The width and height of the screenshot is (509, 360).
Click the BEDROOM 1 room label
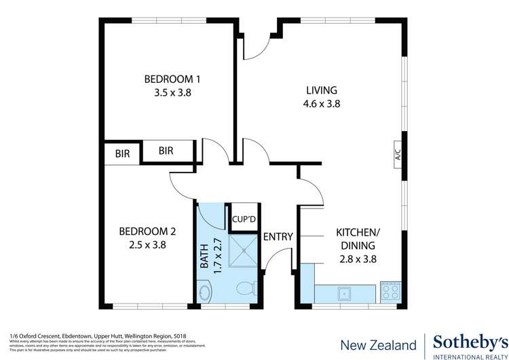tap(172, 79)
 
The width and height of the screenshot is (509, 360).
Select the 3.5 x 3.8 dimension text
tap(172, 94)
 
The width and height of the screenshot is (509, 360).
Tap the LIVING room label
tap(321, 90)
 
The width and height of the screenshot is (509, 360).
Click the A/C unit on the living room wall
tap(398, 156)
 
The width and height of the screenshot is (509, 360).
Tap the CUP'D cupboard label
tap(243, 219)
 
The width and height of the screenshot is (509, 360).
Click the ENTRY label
tap(278, 237)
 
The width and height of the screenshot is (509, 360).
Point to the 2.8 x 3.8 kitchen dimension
tap(357, 259)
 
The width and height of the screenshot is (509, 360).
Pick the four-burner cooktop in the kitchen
tap(391, 291)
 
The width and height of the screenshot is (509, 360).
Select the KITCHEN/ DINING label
tap(358, 238)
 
